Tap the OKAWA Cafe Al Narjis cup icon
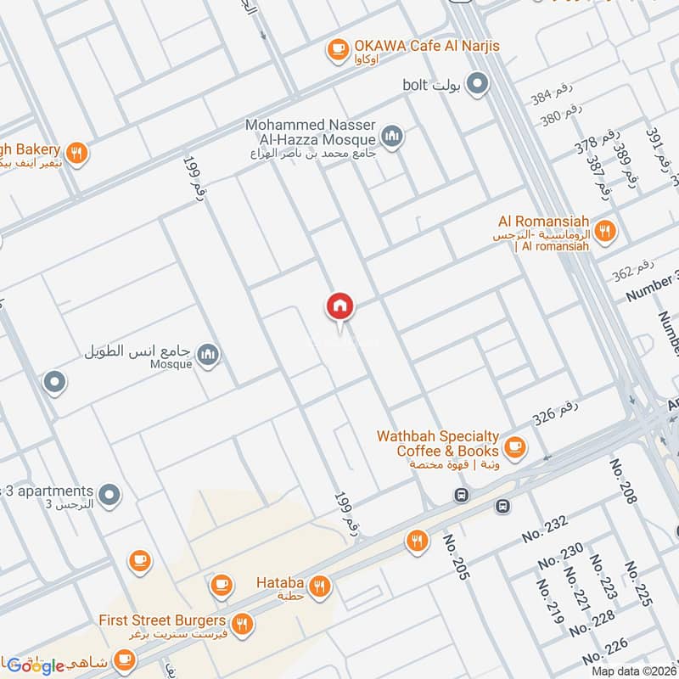(339, 49)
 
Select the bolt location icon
(479, 84)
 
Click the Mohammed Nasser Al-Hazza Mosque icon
(391, 135)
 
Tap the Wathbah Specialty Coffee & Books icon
(514, 445)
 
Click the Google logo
(37, 665)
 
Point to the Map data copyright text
(631, 671)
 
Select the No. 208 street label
(623, 482)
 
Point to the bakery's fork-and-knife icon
(76, 153)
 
